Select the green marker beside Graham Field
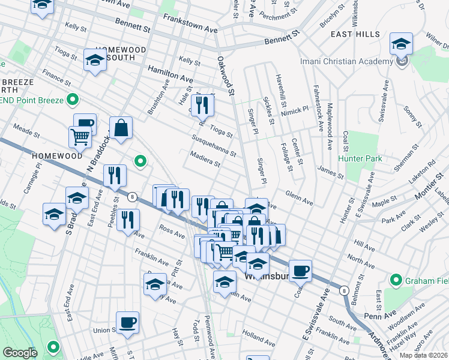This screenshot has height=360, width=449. pos(396,280)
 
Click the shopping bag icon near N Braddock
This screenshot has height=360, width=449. pos(121,128)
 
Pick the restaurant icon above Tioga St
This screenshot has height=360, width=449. pos(202,106)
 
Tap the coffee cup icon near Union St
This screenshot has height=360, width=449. pos(127,323)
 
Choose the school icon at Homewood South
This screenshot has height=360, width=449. pos(95,60)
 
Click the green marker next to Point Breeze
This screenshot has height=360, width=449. pos(73,99)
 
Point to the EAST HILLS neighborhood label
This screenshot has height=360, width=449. pos(354,35)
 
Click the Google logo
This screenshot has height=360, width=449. pos(20,353)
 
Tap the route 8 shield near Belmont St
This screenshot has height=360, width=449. pos(343,290)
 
